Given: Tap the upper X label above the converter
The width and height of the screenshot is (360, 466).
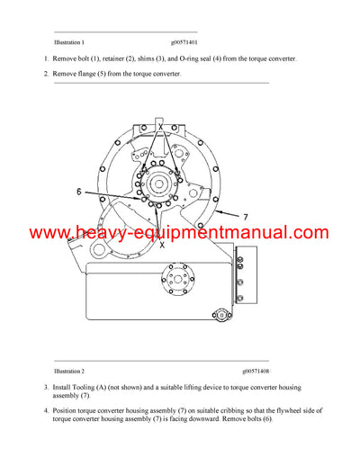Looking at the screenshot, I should click(x=161, y=128).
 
